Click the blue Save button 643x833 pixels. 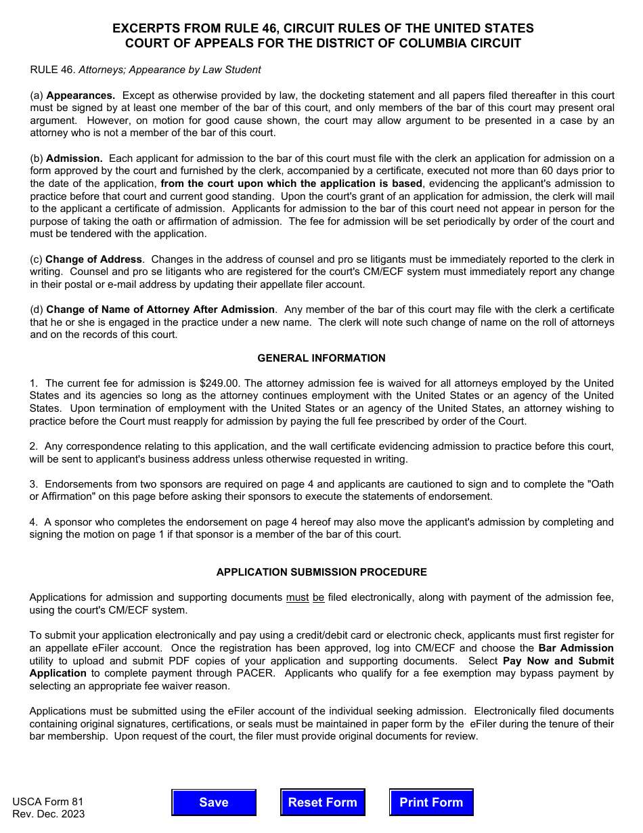(x=213, y=803)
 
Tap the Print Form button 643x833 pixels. (x=431, y=803)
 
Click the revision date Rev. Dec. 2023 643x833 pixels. (x=49, y=814)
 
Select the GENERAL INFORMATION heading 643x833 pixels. (x=321, y=358)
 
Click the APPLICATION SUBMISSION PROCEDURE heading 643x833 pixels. (x=321, y=572)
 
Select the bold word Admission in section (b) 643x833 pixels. (x=74, y=158)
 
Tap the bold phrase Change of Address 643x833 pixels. (x=94, y=259)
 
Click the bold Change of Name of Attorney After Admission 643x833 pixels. (x=160, y=309)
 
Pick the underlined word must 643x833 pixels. (x=297, y=597)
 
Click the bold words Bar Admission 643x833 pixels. (x=576, y=648)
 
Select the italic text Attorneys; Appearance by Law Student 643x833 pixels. (x=170, y=70)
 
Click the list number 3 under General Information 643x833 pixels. (x=33, y=484)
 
